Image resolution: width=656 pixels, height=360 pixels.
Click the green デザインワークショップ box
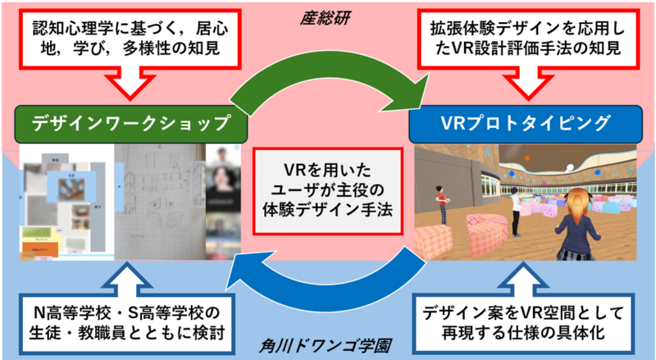[131, 124]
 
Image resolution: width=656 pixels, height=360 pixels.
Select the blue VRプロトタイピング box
[524, 124]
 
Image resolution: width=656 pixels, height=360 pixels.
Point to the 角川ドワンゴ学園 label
[328, 346]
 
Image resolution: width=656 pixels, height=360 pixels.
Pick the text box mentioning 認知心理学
[131, 39]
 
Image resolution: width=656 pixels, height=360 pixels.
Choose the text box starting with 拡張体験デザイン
[524, 39]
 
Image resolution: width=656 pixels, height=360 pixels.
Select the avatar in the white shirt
[515, 212]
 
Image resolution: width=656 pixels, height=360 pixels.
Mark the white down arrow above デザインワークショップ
[131, 84]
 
